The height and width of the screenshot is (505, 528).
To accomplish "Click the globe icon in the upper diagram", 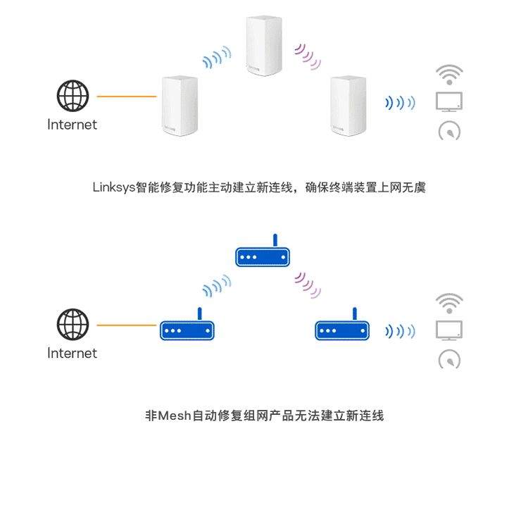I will pyautogui.click(x=73, y=96).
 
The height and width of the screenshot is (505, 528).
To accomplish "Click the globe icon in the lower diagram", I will pyautogui.click(x=73, y=325).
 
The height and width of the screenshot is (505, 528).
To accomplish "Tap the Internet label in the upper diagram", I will pyautogui.click(x=72, y=125).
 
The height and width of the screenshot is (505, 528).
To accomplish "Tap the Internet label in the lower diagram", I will pyautogui.click(x=72, y=353).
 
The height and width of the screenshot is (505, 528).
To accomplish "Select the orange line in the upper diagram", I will pyautogui.click(x=126, y=96).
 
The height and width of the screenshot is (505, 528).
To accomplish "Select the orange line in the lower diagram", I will pyautogui.click(x=126, y=325).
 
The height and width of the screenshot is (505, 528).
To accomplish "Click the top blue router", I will pyautogui.click(x=262, y=255).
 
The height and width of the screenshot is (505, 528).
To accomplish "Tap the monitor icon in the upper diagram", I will pyautogui.click(x=449, y=101).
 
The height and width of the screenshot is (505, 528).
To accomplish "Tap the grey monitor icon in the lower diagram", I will pyautogui.click(x=449, y=330).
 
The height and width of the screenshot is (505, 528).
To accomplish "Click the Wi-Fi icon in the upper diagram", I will pyautogui.click(x=449, y=74).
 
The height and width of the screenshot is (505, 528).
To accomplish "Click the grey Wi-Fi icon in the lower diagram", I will pyautogui.click(x=449, y=302).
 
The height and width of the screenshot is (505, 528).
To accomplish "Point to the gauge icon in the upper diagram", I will pyautogui.click(x=449, y=131).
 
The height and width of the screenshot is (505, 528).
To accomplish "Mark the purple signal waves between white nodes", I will pyautogui.click(x=308, y=56).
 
